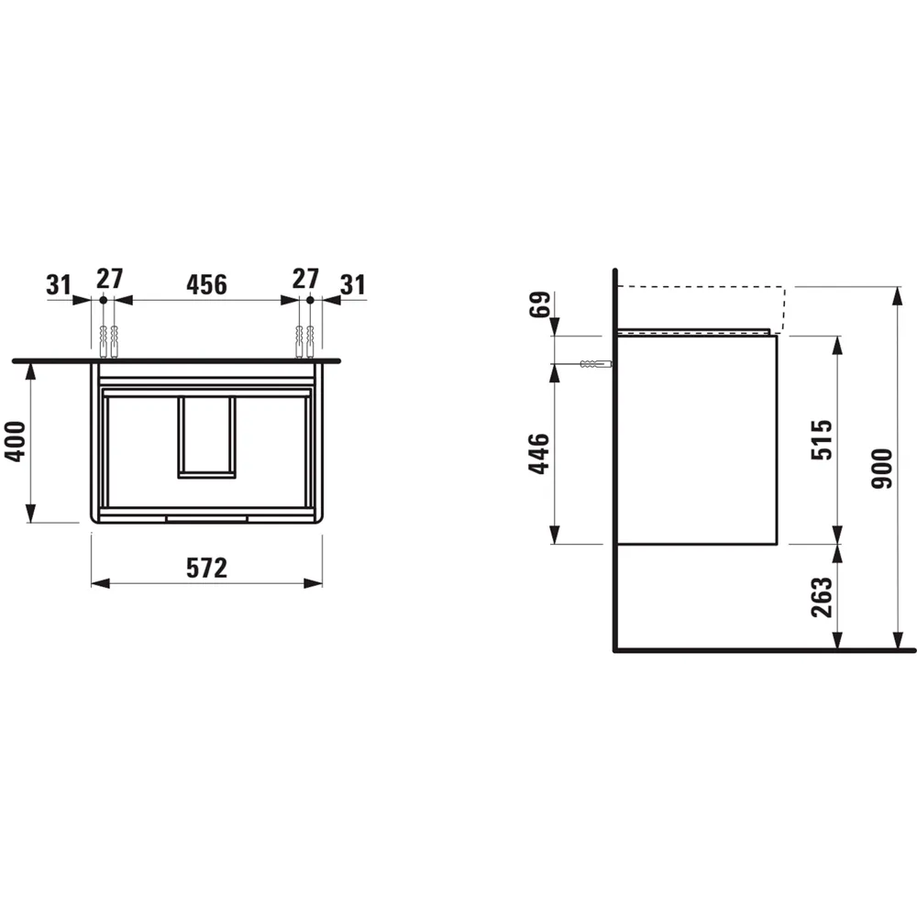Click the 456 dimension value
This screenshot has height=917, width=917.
coord(206,284)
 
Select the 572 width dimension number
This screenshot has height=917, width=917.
coord(206,569)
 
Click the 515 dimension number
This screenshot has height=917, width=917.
coord(823,439)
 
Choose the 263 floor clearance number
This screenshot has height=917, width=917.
coord(823,597)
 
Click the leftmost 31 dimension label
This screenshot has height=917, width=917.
coord(60,284)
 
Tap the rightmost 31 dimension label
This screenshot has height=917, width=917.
coord(353,284)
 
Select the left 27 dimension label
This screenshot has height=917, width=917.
coord(110,279)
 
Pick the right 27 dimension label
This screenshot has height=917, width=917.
coord(304,279)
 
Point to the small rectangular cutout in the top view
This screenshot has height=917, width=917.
coord(206,436)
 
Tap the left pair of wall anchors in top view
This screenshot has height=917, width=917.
coord(107,339)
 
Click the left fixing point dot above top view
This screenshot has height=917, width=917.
coord(103,300)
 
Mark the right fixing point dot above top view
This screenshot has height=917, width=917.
coord(310,300)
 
